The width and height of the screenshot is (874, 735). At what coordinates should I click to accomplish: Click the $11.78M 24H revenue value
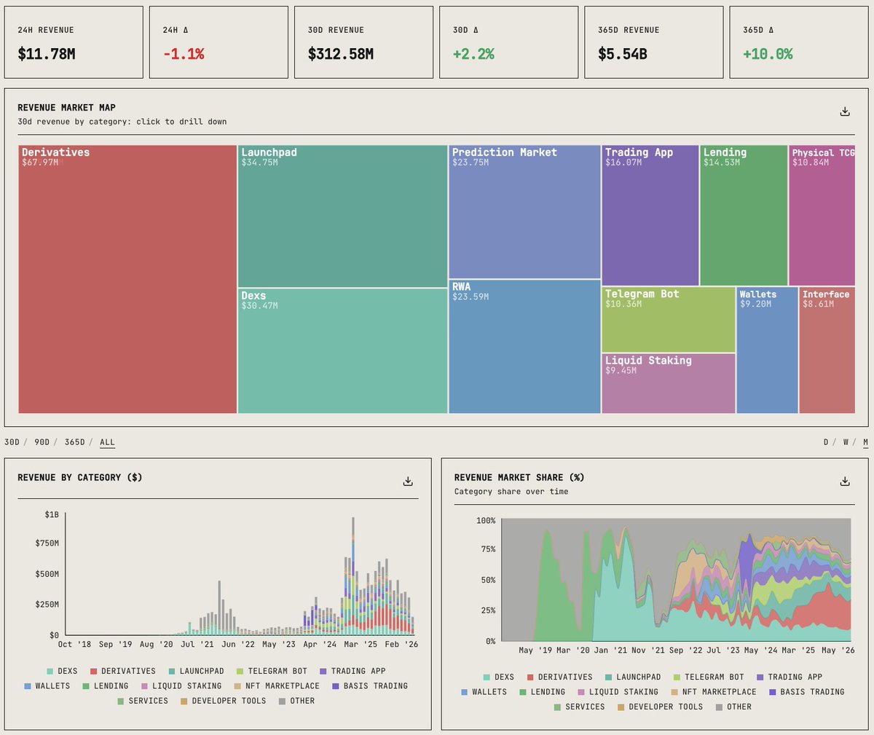(x=47, y=54)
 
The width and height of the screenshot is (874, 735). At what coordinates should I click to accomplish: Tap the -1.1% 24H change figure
(x=184, y=54)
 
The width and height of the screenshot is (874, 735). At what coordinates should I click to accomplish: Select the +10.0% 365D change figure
(x=768, y=54)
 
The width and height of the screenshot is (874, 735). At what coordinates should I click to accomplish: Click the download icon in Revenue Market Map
(x=845, y=111)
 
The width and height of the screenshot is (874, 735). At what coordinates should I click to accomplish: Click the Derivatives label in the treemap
(x=55, y=152)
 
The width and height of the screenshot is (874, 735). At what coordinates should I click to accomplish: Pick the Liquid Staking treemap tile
(x=668, y=383)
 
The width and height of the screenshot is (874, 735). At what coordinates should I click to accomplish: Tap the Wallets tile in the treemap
(x=767, y=350)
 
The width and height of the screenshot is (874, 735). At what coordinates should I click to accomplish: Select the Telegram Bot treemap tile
(x=668, y=320)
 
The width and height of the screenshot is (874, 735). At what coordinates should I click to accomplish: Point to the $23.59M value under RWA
(x=471, y=296)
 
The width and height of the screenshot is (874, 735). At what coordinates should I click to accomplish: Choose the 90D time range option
(x=42, y=442)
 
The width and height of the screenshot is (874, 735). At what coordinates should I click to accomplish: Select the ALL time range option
(x=107, y=442)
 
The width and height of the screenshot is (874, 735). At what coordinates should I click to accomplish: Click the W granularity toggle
(x=846, y=442)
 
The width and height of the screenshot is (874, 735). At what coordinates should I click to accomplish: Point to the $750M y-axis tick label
(x=47, y=543)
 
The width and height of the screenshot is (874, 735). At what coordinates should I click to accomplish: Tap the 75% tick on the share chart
(x=488, y=549)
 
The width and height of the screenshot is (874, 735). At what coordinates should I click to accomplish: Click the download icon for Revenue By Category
(x=408, y=482)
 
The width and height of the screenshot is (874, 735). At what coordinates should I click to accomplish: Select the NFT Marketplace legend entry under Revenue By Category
(x=276, y=685)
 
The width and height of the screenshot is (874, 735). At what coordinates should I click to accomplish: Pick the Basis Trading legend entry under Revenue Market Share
(x=806, y=691)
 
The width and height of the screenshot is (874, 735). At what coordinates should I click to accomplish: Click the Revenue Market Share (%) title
(x=519, y=478)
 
